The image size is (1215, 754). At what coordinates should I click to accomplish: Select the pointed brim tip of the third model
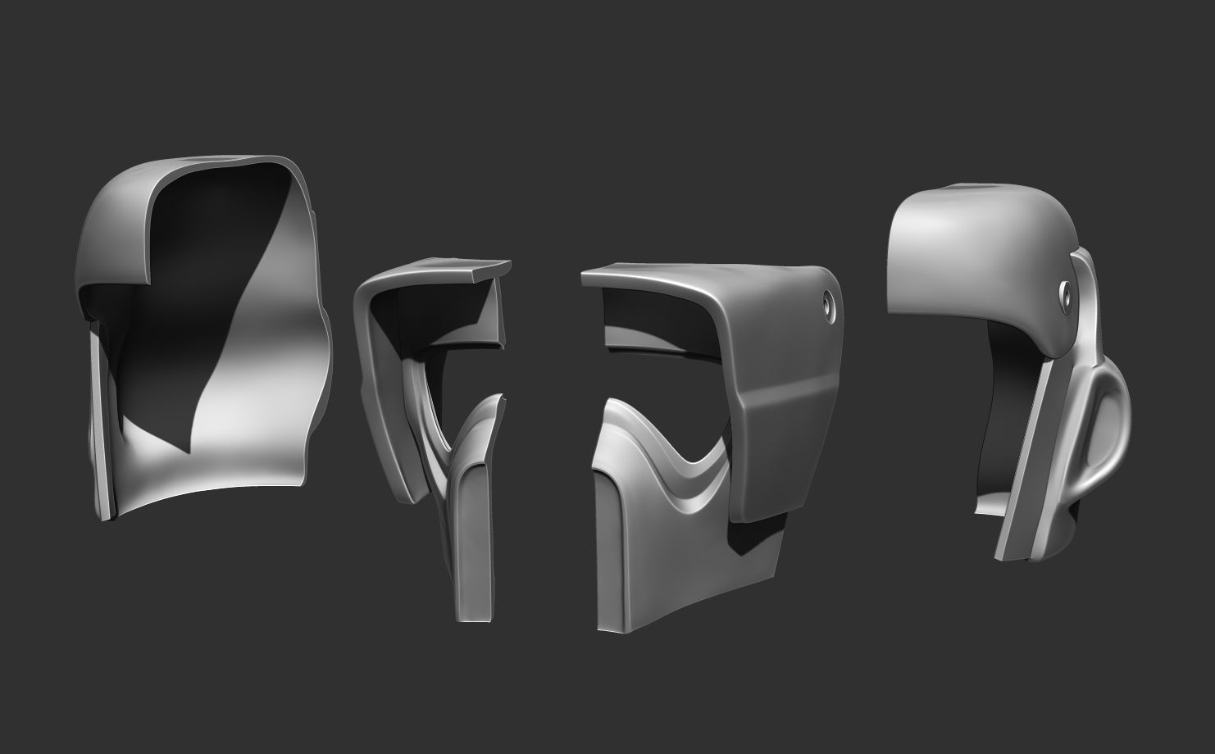[x=587, y=279]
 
